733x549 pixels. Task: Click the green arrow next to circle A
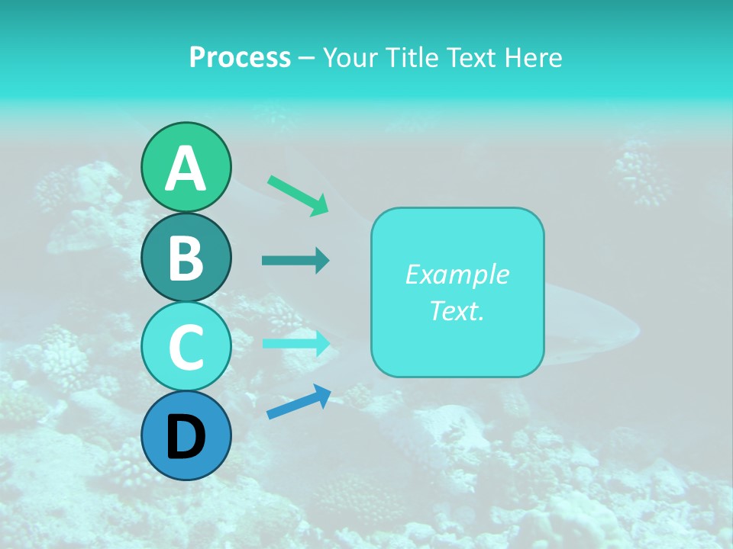pos(298,195)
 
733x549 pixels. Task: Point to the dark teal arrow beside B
pos(295,261)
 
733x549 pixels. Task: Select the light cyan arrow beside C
pos(295,343)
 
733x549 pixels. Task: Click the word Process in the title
pos(240,57)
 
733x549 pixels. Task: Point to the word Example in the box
pos(457,274)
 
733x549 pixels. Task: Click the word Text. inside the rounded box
pos(457,310)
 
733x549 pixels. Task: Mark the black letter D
pos(186,437)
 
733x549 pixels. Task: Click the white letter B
pos(186,258)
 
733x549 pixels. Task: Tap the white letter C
pos(186,348)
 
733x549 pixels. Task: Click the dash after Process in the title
pos(307,59)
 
